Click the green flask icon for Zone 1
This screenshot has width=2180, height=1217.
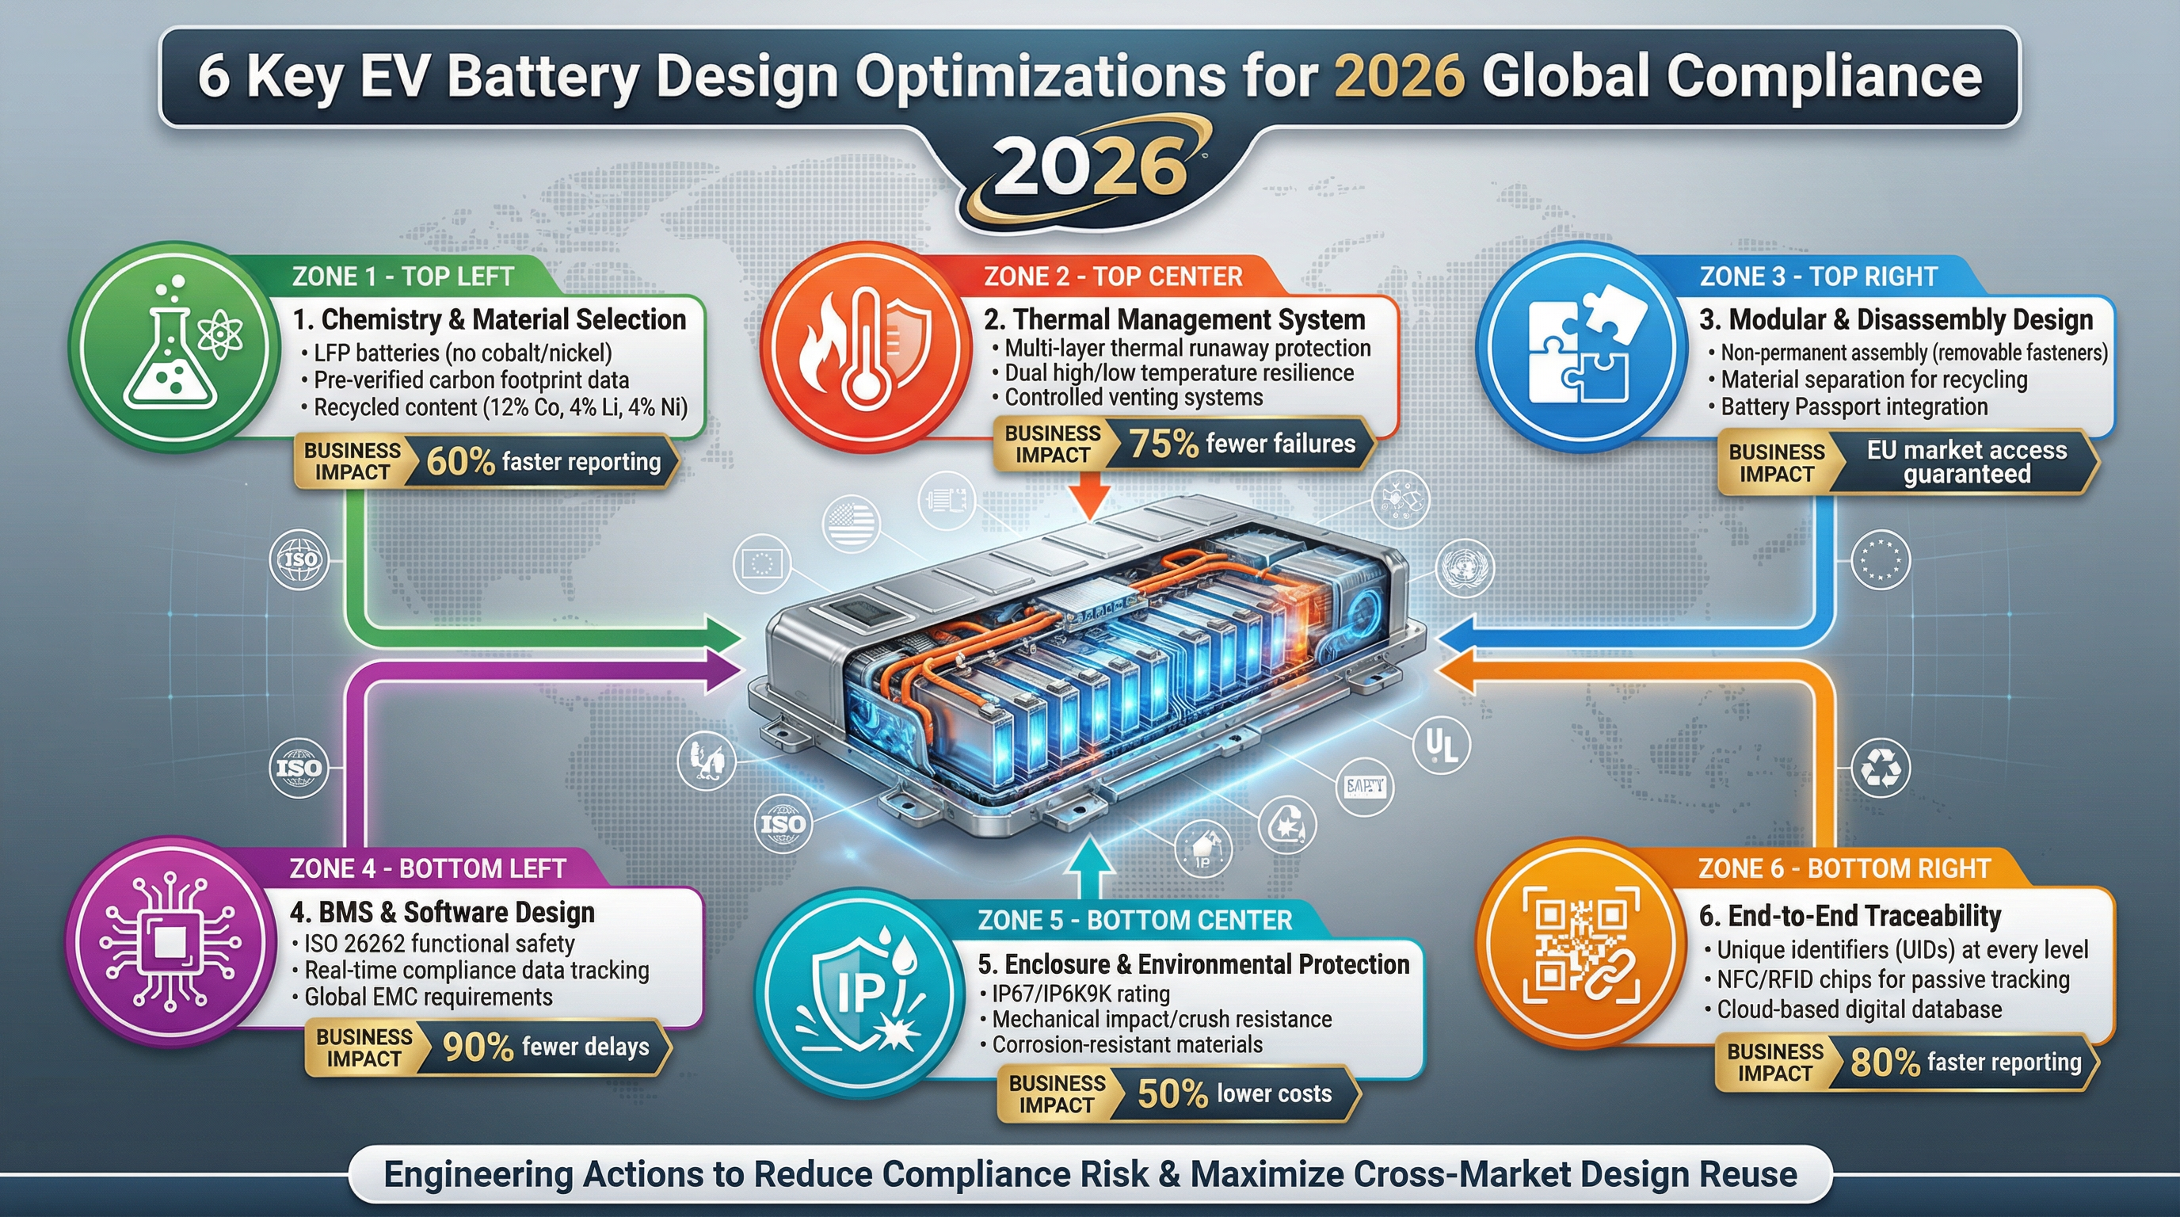173,347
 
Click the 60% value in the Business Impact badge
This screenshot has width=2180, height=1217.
459,462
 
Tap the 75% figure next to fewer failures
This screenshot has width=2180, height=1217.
1164,444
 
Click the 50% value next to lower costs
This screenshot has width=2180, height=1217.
1172,1094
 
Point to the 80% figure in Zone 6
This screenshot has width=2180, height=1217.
1885,1063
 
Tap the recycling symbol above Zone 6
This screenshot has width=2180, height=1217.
1881,769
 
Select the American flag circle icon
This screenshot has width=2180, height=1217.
851,525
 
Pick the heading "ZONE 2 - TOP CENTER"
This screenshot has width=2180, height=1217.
1112,277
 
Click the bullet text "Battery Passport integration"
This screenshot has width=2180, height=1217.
1854,407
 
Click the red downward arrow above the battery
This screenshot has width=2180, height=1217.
1090,494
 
